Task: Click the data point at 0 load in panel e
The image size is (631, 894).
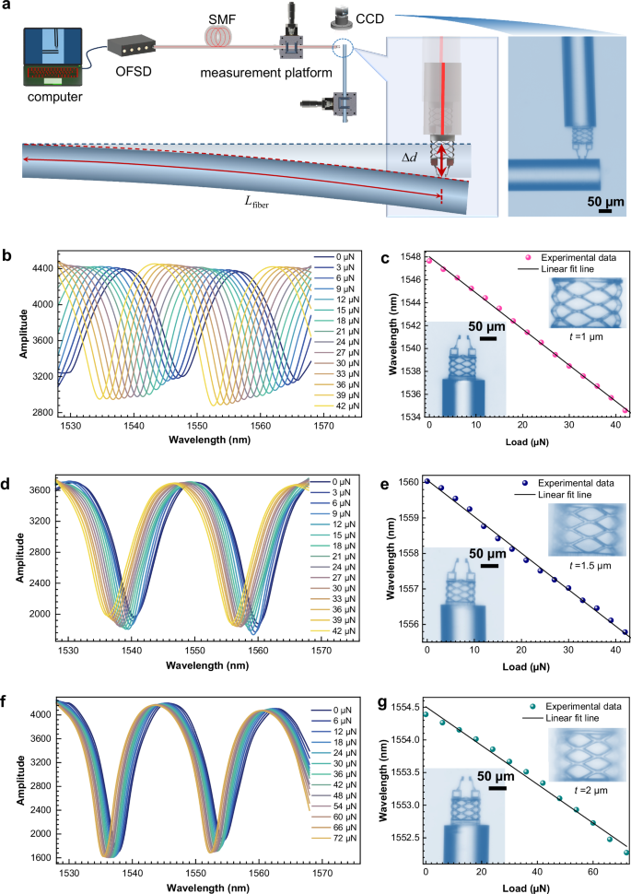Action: (x=427, y=482)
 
